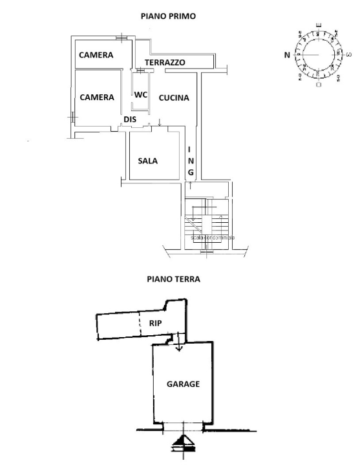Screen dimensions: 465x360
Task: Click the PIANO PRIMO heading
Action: pyautogui.click(x=168, y=15)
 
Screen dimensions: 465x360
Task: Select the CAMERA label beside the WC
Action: pyautogui.click(x=96, y=98)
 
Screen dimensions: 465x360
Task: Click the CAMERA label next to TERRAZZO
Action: pyautogui.click(x=96, y=56)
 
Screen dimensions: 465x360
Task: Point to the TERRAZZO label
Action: pyautogui.click(x=165, y=63)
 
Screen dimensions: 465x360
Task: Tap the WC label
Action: pyautogui.click(x=141, y=94)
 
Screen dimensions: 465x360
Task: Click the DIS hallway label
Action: pyautogui.click(x=130, y=119)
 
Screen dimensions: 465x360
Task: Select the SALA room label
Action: pyautogui.click(x=148, y=161)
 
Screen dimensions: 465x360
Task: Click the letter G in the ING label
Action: pyautogui.click(x=191, y=172)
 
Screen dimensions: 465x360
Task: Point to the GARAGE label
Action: pyautogui.click(x=184, y=384)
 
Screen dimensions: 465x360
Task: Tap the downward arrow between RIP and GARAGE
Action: pyautogui.click(x=180, y=347)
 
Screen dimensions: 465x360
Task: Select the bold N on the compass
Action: pyautogui.click(x=287, y=56)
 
